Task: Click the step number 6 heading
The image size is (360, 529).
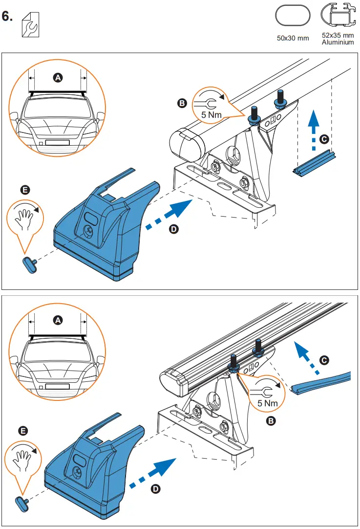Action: click(7, 16)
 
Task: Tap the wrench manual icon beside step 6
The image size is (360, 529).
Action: click(31, 24)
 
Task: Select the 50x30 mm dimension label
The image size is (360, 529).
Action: click(293, 38)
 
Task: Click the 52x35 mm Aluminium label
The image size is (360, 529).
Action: click(338, 39)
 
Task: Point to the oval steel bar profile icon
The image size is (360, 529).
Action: click(293, 15)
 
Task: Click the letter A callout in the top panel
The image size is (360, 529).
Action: click(58, 78)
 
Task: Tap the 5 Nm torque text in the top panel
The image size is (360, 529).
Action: click(212, 115)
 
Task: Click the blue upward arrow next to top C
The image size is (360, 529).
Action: click(314, 130)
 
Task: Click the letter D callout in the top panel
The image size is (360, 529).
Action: click(173, 229)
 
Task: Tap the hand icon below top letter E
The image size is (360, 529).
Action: click(24, 219)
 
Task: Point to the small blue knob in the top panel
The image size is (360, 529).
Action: click(30, 265)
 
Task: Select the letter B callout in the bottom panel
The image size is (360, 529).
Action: click(271, 420)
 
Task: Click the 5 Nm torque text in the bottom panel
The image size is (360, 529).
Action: click(268, 403)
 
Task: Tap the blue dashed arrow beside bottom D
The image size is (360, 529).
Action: click(153, 473)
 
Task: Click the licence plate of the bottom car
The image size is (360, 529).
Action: click(57, 386)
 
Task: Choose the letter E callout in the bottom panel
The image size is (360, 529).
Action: click(23, 431)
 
